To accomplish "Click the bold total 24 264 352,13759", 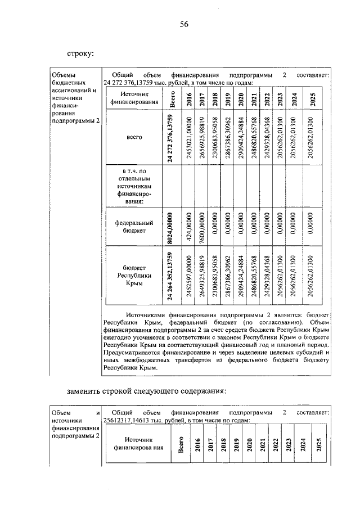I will (x=173, y=276).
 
